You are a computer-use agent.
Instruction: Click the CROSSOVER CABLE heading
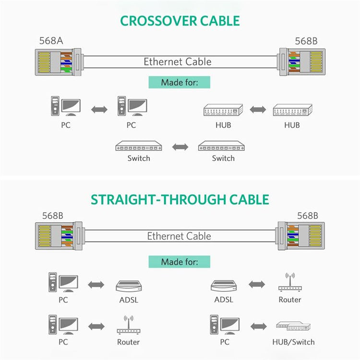click(180, 21)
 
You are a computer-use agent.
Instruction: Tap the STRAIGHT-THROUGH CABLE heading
click(180, 199)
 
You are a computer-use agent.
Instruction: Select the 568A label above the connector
click(51, 41)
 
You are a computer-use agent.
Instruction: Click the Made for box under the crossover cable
click(179, 82)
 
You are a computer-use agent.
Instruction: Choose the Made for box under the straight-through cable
click(179, 262)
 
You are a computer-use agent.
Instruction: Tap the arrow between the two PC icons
click(99, 109)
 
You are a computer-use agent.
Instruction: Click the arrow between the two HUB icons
click(257, 109)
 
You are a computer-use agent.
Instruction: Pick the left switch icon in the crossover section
click(139, 146)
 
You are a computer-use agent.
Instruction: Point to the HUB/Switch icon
click(293, 326)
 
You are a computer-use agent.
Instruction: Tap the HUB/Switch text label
click(293, 342)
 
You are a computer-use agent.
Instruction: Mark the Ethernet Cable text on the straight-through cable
click(179, 236)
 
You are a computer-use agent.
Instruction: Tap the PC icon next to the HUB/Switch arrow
click(224, 324)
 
